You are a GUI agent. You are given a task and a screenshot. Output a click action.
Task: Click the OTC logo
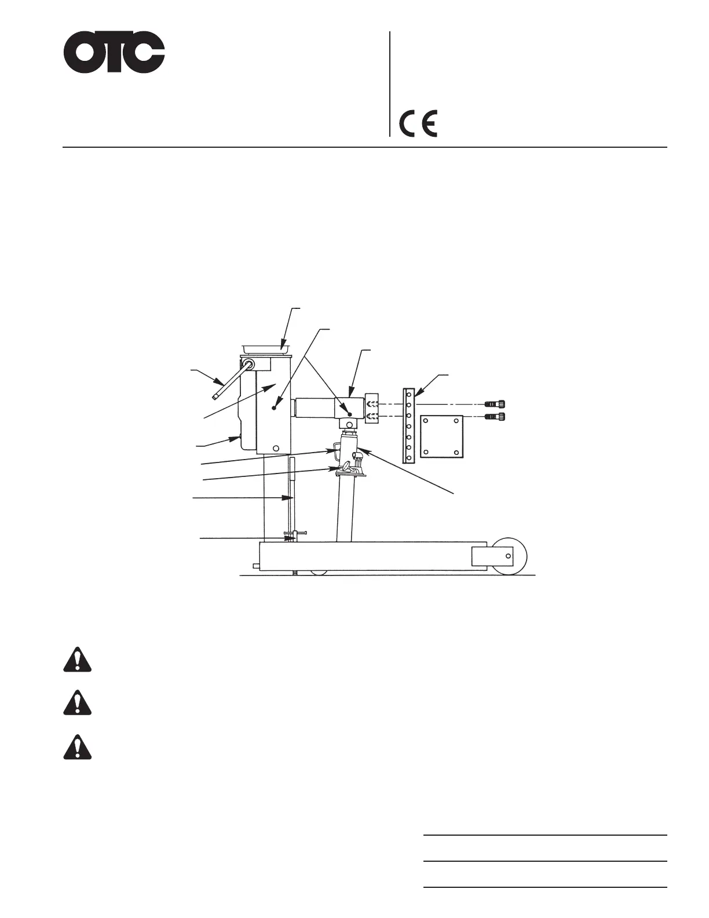coord(114,53)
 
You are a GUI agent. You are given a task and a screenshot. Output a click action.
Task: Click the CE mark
coord(418,123)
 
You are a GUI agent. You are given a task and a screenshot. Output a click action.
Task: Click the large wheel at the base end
coord(509,556)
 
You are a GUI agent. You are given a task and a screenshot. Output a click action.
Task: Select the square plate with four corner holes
coord(441,436)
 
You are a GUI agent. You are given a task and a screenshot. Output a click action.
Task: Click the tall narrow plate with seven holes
coord(409,425)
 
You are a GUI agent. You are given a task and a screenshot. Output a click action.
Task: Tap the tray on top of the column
coord(266,347)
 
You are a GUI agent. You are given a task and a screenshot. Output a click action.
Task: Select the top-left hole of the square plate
coord(426,420)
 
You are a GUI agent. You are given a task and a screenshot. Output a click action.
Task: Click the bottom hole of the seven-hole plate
coord(409,458)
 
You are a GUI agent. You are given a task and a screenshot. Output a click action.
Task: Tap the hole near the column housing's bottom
coord(276,448)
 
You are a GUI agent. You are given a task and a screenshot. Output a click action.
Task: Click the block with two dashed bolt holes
coord(372,409)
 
